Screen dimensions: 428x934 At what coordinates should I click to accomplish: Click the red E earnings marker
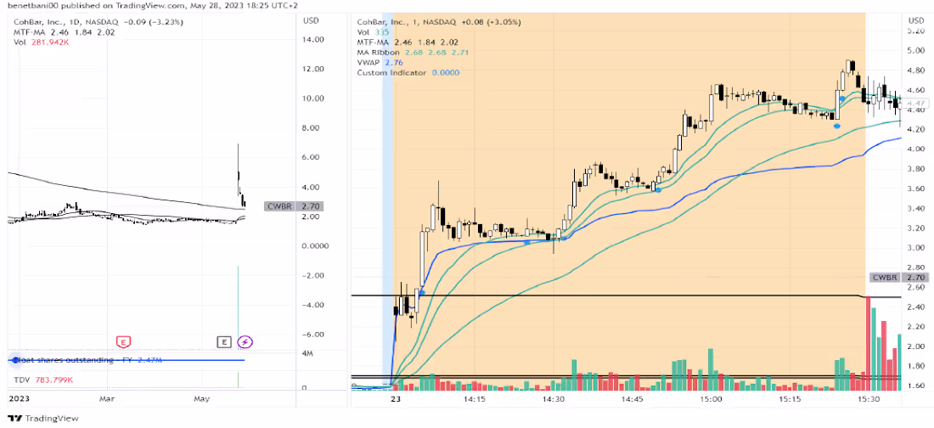pos(123,341)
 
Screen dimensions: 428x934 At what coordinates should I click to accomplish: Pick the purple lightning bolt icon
pos(245,341)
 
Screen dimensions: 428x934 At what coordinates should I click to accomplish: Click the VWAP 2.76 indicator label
pos(380,63)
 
